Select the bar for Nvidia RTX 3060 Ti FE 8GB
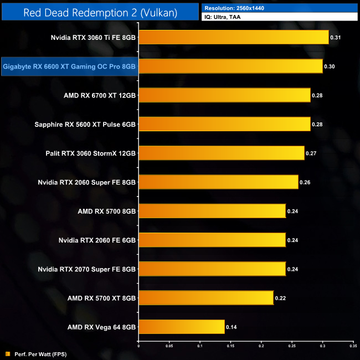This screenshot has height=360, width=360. coord(233,38)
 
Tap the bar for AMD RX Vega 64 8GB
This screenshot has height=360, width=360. coord(181,327)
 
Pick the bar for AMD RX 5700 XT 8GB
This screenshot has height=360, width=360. coord(205,298)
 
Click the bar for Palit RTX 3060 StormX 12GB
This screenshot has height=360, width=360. coord(221,153)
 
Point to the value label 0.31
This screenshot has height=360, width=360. coord(335,38)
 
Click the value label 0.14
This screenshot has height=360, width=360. coord(231,327)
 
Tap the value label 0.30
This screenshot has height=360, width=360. coord(329,66)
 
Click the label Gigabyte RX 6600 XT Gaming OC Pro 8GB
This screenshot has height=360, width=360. coord(69,66)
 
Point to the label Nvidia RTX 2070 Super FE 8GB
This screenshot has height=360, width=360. coord(87,269)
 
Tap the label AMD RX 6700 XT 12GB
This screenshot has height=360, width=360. coord(100,95)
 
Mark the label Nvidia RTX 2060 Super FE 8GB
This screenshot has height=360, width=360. coord(87,182)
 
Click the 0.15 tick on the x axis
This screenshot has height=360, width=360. coord(230,345)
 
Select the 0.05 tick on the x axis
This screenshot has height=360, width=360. coord(169,345)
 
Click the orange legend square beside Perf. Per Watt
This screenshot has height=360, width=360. coord(7,353)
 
